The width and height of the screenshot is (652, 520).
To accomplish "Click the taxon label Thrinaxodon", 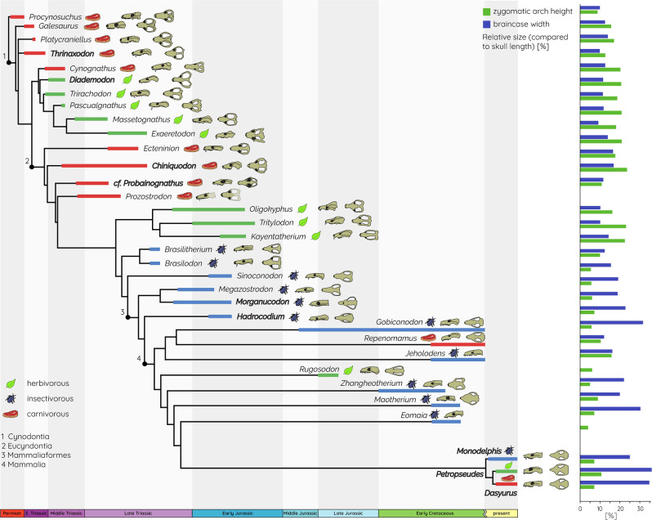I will (73, 53).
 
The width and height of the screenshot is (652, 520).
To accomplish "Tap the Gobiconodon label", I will (398, 323).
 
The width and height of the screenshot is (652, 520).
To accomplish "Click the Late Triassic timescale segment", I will (137, 513).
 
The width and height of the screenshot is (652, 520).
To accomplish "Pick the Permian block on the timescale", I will (11, 513).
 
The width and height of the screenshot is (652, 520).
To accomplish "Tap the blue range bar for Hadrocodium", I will (221, 316).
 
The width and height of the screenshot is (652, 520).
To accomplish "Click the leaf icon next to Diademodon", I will (127, 80).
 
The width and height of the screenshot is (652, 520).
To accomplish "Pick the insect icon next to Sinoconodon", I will (293, 276).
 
